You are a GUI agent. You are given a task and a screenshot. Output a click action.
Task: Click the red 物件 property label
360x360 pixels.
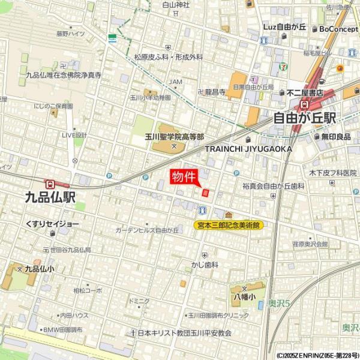click(x=184, y=176)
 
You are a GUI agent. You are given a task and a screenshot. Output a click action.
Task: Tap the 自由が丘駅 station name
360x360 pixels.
click(x=304, y=118)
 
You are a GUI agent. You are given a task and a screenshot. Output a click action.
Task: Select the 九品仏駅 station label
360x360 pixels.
click(x=50, y=197)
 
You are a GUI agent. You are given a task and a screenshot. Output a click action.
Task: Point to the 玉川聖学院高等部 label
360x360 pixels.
click(x=174, y=137)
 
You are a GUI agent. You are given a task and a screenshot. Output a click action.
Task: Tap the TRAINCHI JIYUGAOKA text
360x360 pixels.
click(x=248, y=148)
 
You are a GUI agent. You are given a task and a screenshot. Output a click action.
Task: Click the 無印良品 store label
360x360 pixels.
click(x=335, y=136)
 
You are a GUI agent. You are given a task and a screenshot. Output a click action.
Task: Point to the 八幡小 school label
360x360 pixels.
click(x=245, y=296)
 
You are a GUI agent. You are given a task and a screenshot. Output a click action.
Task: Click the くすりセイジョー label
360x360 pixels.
click(x=52, y=223)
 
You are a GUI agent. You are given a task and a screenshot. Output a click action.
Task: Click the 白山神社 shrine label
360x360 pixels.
click(x=176, y=5)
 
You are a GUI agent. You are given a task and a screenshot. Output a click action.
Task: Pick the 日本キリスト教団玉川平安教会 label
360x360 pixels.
click(x=184, y=332)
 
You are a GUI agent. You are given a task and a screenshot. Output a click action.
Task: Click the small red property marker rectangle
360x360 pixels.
click(x=205, y=193)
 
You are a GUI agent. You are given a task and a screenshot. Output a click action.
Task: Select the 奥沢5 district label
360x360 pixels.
click(x=278, y=305)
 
